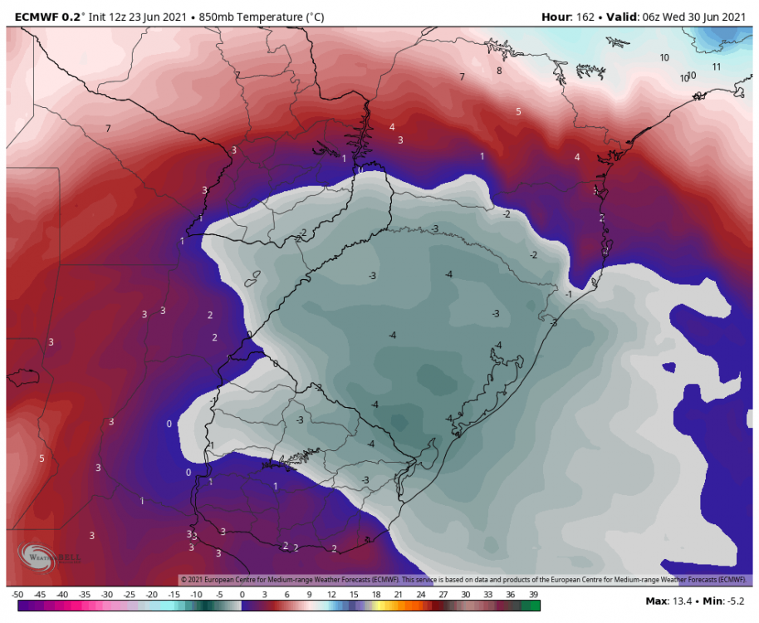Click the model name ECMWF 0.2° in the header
click(x=45, y=17)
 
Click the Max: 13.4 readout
click(x=669, y=600)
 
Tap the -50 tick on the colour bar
click(x=17, y=595)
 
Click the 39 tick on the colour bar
click(x=533, y=595)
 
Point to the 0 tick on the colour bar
click(x=242, y=595)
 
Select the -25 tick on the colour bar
click(x=130, y=595)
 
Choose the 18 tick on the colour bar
click(x=376, y=595)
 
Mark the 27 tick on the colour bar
click(x=443, y=595)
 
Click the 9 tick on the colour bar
click(x=309, y=595)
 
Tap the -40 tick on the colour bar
click(x=62, y=595)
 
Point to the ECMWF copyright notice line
click(x=465, y=579)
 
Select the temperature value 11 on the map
click(x=717, y=66)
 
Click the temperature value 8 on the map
click(x=499, y=71)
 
